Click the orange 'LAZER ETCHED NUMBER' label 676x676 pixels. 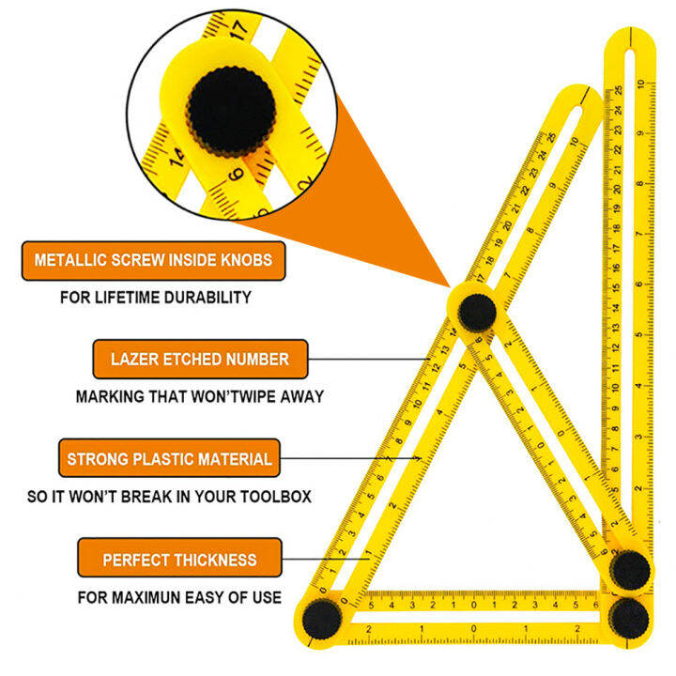[199, 359]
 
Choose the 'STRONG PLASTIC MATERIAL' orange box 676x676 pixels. [169, 459]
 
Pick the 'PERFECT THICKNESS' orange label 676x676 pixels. [179, 560]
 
